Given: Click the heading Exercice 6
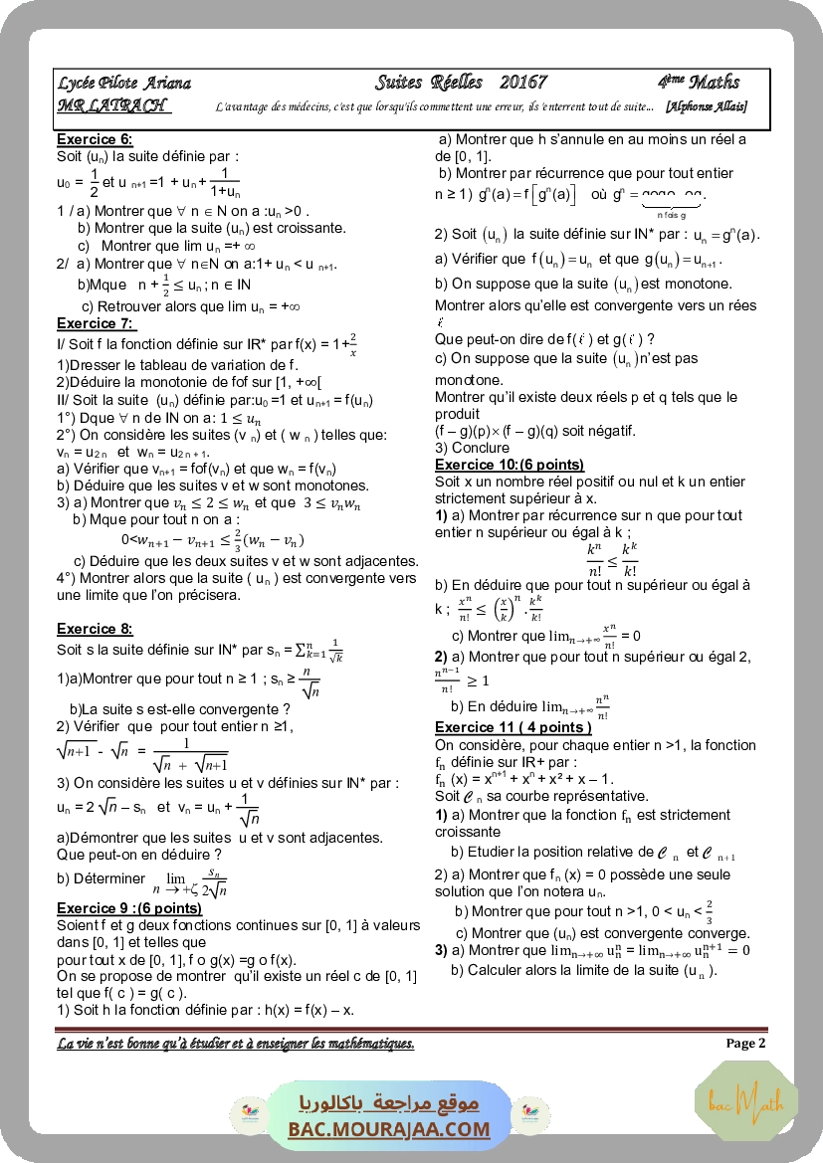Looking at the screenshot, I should (95, 140).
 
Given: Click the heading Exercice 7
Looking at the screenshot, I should (95, 323).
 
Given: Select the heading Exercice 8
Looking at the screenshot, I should (95, 629).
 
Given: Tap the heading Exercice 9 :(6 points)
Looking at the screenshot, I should (129, 908).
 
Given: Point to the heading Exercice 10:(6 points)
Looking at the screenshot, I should (510, 465).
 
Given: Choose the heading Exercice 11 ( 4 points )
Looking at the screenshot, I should (514, 727).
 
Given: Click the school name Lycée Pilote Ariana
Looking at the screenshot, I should (124, 84).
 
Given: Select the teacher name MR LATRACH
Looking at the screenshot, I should (112, 106).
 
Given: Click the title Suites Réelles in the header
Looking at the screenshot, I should (429, 83).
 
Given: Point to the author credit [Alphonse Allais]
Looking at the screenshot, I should (707, 106).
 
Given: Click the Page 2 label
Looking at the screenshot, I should (745, 1044).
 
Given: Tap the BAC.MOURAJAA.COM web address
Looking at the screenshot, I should (389, 1129).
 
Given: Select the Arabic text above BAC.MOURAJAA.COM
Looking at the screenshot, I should (389, 1103).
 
